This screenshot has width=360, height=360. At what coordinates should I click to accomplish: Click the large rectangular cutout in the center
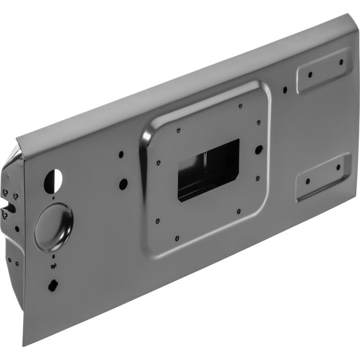(x=208, y=170)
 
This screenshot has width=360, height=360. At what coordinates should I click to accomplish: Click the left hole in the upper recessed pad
(x=310, y=75)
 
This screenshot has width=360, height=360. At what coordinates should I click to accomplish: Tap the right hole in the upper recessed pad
(x=340, y=62)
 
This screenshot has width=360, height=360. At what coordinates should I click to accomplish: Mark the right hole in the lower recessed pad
(x=338, y=167)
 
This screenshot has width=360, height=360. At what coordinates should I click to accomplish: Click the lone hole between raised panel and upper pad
(x=284, y=90)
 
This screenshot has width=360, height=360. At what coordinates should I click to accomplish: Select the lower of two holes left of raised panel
(x=123, y=182)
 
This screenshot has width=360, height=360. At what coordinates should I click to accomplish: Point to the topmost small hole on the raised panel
(x=240, y=106)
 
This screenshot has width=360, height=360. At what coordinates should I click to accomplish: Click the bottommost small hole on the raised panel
(x=176, y=238)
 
